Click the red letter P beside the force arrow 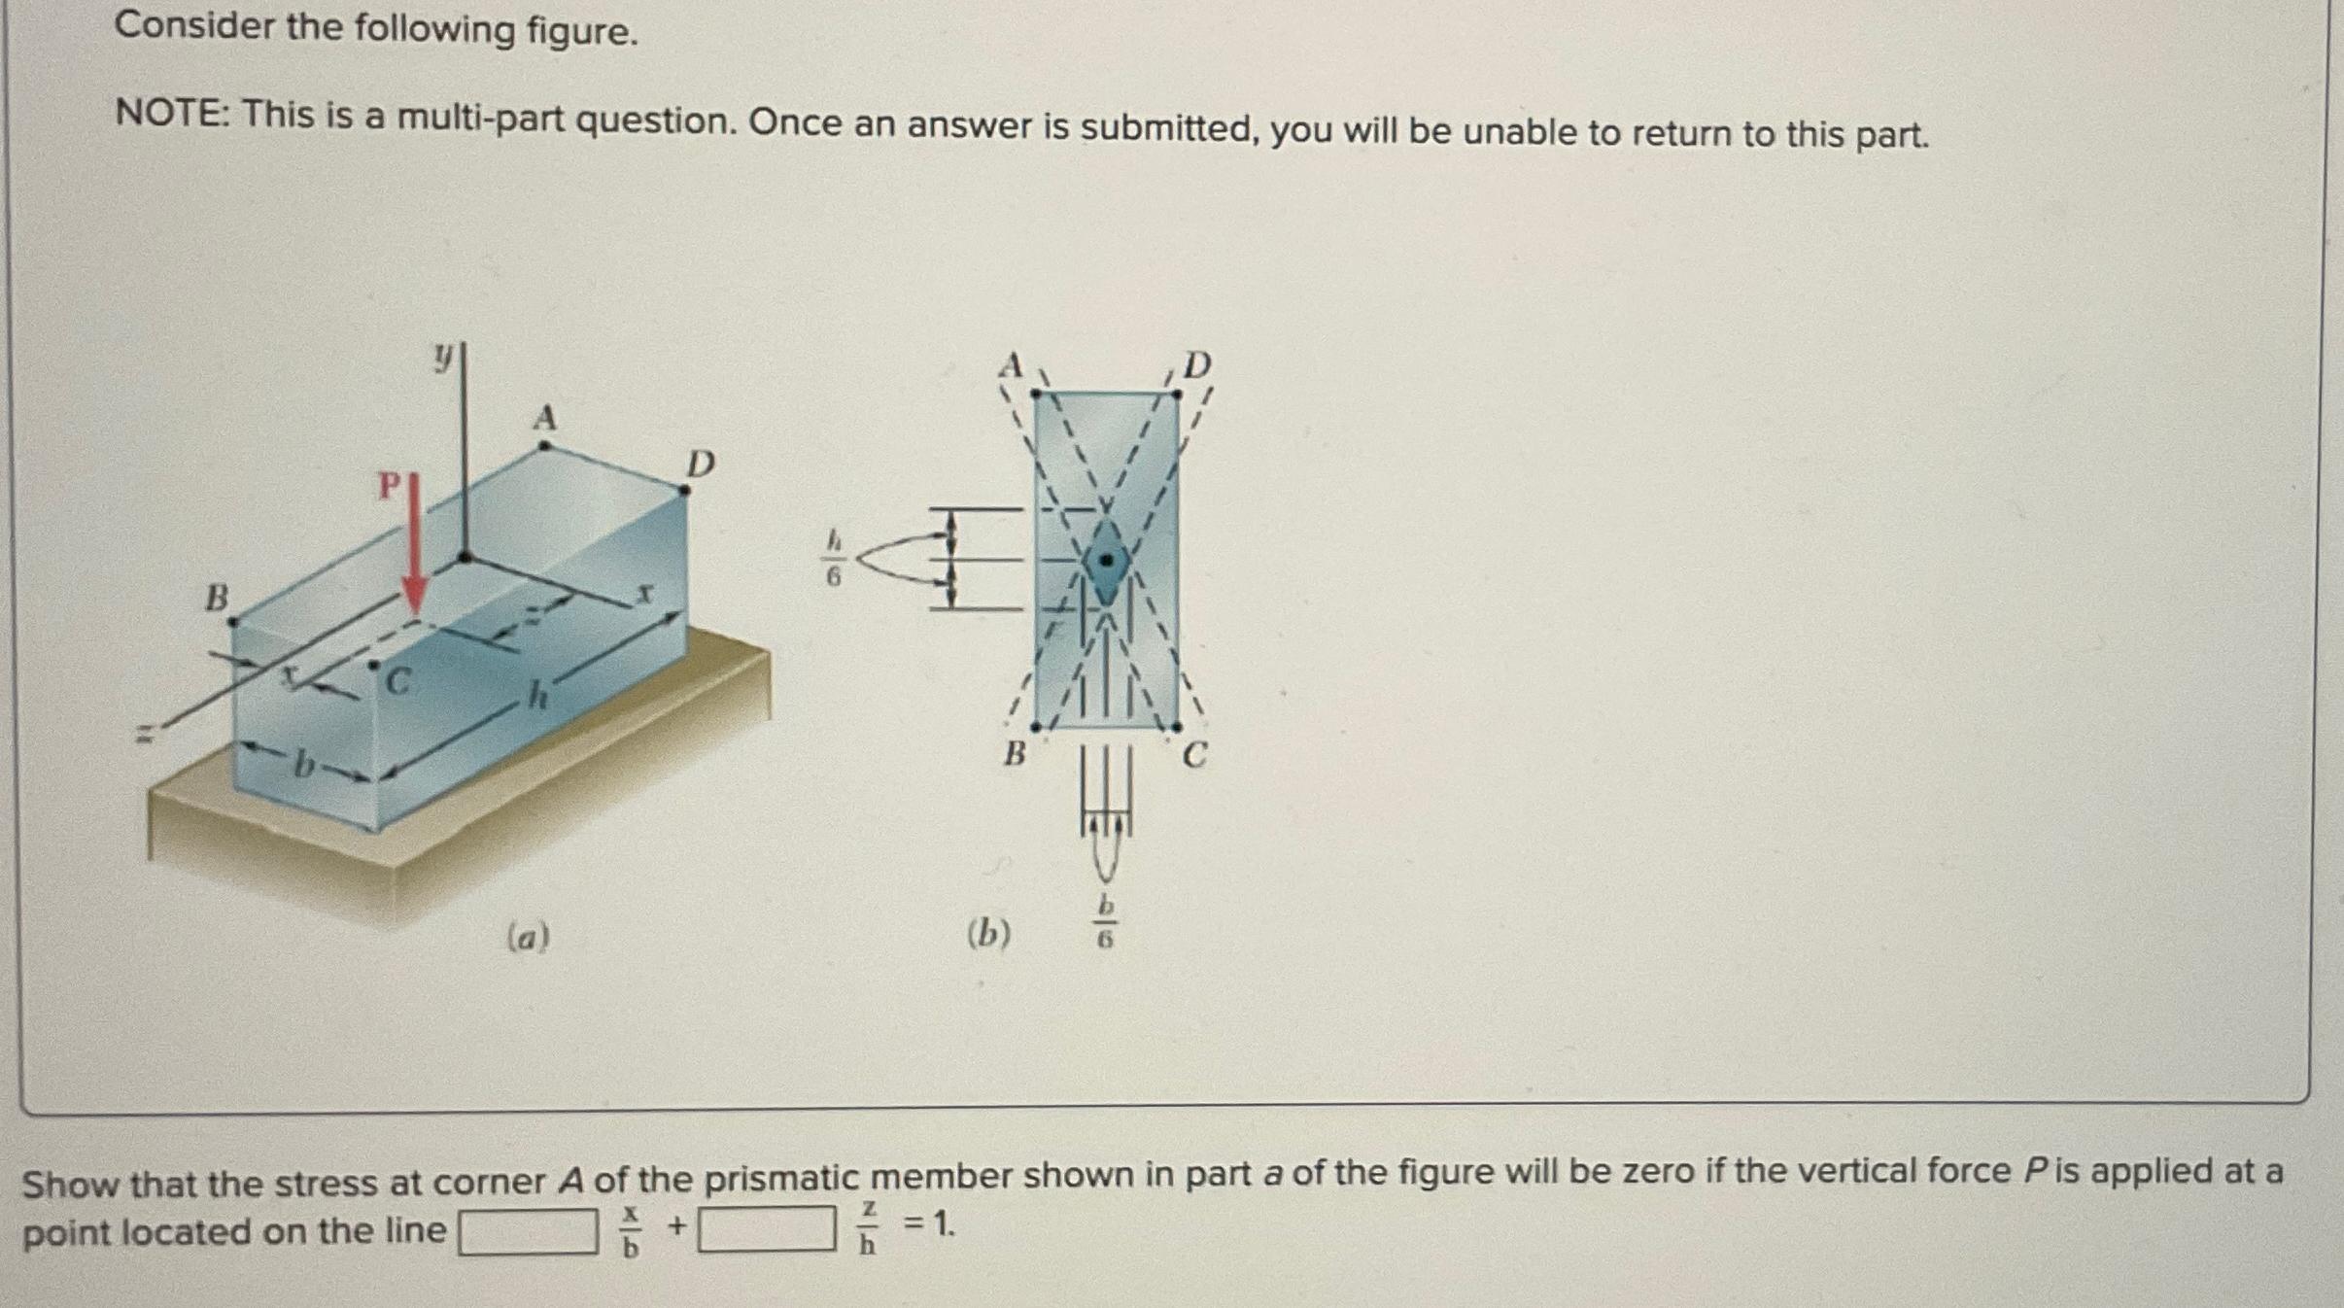click(389, 485)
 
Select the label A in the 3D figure click(545, 418)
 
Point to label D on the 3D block click(701, 465)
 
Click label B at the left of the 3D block click(216, 597)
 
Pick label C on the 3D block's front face click(396, 683)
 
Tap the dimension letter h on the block click(537, 696)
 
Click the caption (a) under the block click(529, 937)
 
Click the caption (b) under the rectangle click(988, 934)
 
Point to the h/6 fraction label click(834, 558)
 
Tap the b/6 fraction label click(1106, 921)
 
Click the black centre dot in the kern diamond click(1106, 560)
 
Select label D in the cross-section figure click(1197, 365)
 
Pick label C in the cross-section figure click(1194, 754)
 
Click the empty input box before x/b click(529, 1231)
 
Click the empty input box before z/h click(767, 1228)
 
